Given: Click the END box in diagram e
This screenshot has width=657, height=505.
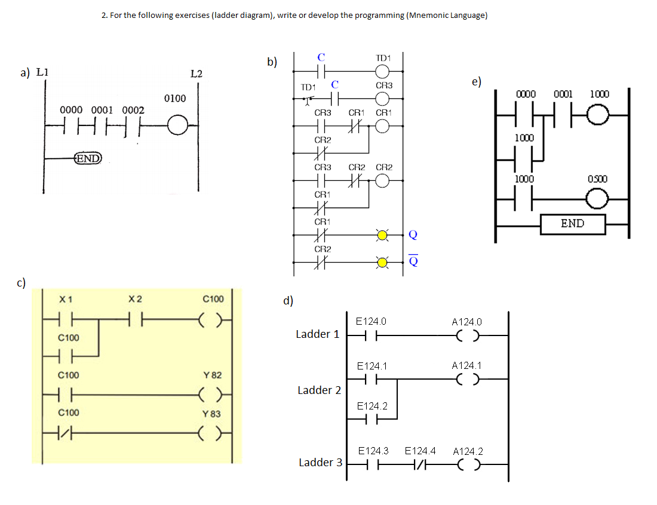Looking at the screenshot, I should [572, 224].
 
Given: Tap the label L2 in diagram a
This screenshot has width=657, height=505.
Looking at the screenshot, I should [196, 74].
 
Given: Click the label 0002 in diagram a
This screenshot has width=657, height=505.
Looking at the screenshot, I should [133, 110].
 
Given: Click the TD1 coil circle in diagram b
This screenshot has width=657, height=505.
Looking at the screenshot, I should [383, 71].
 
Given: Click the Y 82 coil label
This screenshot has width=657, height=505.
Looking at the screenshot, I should [212, 375].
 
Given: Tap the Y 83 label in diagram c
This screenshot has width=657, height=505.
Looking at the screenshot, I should [212, 414].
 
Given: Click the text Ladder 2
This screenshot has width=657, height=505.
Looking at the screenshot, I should [319, 390].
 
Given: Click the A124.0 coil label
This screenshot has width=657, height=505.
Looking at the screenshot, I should [467, 322].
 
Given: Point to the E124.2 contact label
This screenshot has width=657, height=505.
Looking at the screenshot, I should [372, 406].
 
